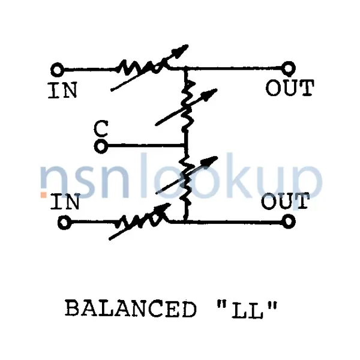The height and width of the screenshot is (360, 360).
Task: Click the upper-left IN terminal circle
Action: point(57,70)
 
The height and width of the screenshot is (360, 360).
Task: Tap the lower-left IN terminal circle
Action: point(64,222)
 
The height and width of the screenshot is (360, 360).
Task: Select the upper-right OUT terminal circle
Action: point(289,68)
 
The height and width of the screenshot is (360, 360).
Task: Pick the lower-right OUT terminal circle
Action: point(289,221)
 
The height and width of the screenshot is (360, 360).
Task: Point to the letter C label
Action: point(101,129)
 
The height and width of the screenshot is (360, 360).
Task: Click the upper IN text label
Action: point(62,91)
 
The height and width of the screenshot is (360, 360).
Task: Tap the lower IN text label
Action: point(65,202)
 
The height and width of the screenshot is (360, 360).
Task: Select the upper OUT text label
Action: point(290,88)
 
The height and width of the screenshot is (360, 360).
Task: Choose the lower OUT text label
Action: point(286,201)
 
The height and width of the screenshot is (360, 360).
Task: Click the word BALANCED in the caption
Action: point(130,309)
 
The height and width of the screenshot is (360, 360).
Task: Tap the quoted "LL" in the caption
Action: point(247,309)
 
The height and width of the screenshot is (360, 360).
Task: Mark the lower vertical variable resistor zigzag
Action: point(186,181)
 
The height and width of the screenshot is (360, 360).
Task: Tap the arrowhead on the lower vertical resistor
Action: point(210,161)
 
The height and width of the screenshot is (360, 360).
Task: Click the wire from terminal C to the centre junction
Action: point(146,146)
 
